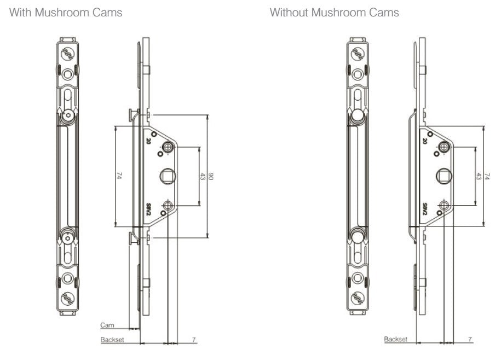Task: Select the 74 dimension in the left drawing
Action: (x=119, y=176)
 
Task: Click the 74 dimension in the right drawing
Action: (x=488, y=176)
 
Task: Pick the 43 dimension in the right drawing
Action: (x=478, y=177)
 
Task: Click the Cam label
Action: (x=107, y=325)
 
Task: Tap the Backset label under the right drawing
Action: (x=395, y=340)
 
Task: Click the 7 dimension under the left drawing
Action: (x=193, y=340)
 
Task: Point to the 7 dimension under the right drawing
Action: (x=470, y=340)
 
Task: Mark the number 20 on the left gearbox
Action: (x=148, y=141)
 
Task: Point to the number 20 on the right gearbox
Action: (x=425, y=141)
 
